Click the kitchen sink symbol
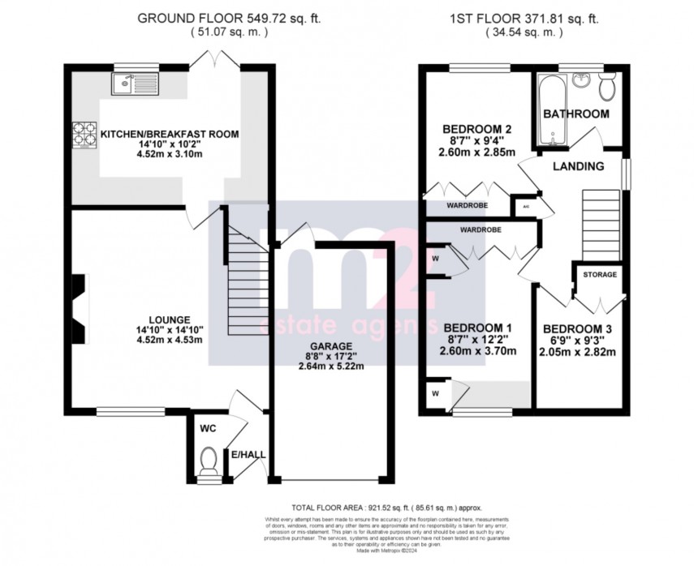tap(135, 82)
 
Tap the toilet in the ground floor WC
tap(209, 461)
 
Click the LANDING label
tap(578, 166)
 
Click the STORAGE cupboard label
tap(600, 275)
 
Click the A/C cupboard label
tap(526, 208)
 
